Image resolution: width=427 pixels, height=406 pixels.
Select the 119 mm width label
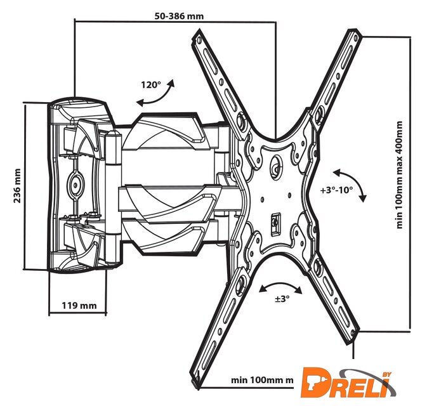[79, 305]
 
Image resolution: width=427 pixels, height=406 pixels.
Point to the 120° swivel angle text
[151, 84]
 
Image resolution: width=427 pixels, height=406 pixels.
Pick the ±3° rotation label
[282, 298]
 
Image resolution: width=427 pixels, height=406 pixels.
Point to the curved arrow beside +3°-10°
[351, 185]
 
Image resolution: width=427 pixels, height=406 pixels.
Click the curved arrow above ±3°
[281, 285]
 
